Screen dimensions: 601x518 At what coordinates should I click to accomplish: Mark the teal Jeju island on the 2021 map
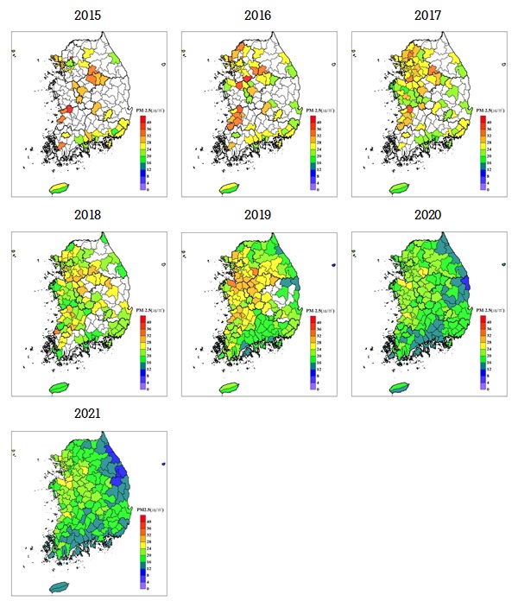pos(60,585)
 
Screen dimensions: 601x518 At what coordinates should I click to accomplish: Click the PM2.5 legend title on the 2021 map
pos(149,510)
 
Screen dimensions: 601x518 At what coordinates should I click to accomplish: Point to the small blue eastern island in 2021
pos(163,465)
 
